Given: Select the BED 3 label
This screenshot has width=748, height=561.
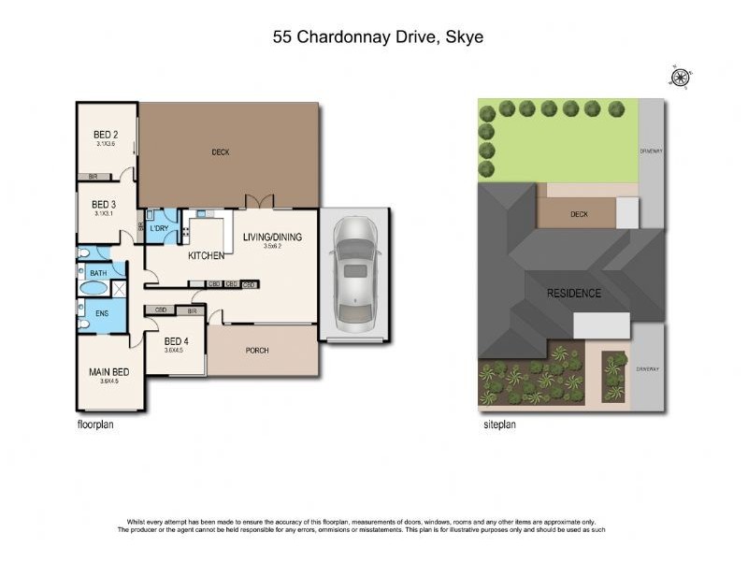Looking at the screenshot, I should tap(104, 205).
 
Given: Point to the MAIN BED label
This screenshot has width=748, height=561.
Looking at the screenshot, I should tap(108, 372).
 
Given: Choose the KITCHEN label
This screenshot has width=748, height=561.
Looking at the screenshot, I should tap(207, 255).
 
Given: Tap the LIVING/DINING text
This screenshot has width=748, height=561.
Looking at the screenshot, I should tap(273, 237).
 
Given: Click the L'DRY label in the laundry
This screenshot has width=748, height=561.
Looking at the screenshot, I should tap(159, 228).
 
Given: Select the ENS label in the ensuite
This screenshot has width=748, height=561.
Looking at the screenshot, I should tap(102, 313).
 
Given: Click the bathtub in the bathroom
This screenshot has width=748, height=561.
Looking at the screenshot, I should tap(94, 287).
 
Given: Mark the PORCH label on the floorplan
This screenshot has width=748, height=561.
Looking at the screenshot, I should tap(256, 351).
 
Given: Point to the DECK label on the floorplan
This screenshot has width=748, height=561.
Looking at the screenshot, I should tap(220, 152).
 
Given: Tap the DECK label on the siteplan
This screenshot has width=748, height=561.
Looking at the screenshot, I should tap(579, 214).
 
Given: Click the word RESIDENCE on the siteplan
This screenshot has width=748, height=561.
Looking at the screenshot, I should tap(574, 293).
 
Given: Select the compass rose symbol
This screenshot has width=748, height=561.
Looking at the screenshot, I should tap(681, 78).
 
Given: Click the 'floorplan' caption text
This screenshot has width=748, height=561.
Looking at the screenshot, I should tap(95, 424).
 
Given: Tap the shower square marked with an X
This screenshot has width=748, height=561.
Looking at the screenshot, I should tap(118, 288).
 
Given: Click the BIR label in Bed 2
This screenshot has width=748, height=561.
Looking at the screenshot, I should tap(93, 176).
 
